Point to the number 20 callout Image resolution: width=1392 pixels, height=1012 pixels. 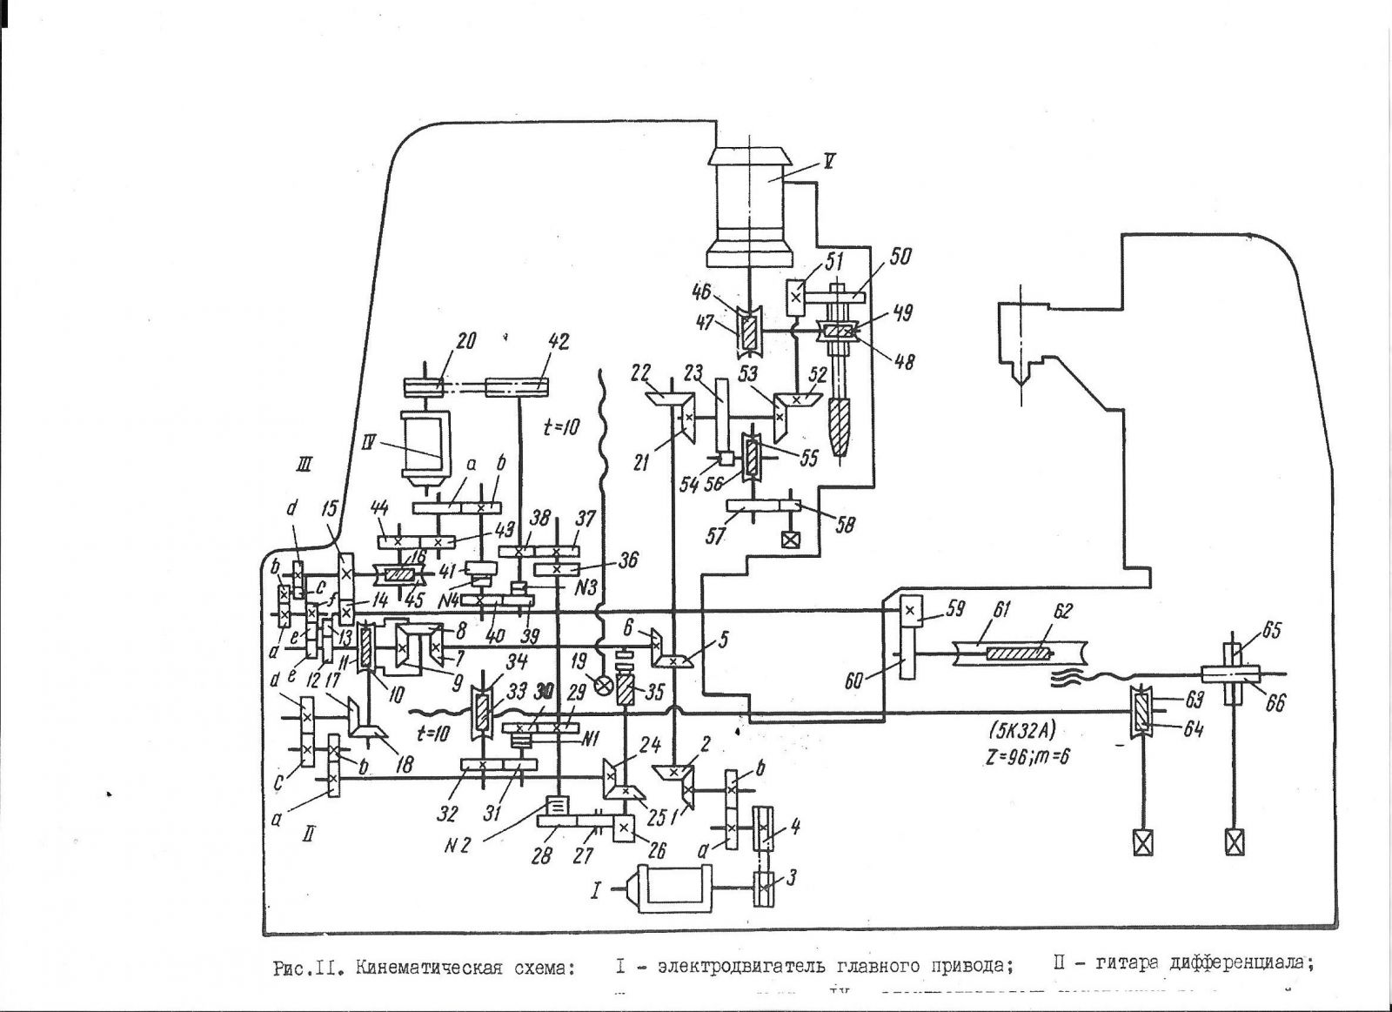tap(467, 342)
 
